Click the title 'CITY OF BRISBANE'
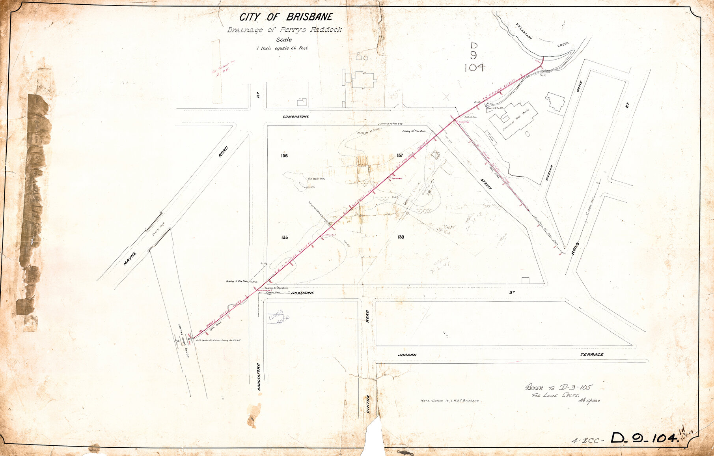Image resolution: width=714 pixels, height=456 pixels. (x=286, y=17)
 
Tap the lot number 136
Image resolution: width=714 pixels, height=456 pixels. (x=284, y=156)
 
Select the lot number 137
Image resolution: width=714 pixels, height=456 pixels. (x=400, y=156)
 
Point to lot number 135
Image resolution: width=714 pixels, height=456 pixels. (x=285, y=237)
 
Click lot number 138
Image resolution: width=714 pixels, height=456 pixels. (x=401, y=237)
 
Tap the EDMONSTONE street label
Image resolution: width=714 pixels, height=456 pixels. (x=296, y=117)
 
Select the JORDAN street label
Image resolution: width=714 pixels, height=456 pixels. (x=407, y=355)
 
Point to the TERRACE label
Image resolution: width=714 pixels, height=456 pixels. (x=591, y=355)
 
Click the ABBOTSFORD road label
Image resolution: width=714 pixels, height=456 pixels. (x=259, y=377)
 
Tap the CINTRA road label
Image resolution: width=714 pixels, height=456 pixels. (x=368, y=405)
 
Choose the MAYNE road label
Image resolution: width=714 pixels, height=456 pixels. (x=130, y=258)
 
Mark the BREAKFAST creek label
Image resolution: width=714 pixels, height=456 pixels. (x=524, y=32)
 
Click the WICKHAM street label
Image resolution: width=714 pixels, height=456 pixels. (x=549, y=173)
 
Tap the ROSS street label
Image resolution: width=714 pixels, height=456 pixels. (x=576, y=249)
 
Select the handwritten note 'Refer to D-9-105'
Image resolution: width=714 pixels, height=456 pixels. (x=559, y=387)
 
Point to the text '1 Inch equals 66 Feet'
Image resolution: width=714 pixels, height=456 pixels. (x=282, y=49)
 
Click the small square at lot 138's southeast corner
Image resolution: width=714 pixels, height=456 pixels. (x=525, y=280)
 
